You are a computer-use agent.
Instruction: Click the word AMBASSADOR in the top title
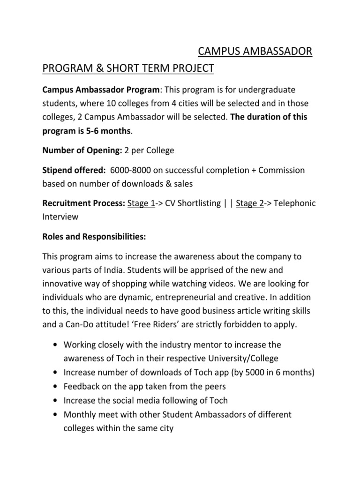[x=274, y=51]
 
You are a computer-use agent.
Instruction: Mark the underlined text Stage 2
[x=250, y=203]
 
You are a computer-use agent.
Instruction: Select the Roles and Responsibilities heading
[x=94, y=237]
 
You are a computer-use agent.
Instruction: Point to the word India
[x=124, y=270]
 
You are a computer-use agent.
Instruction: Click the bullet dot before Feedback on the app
[x=56, y=387]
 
